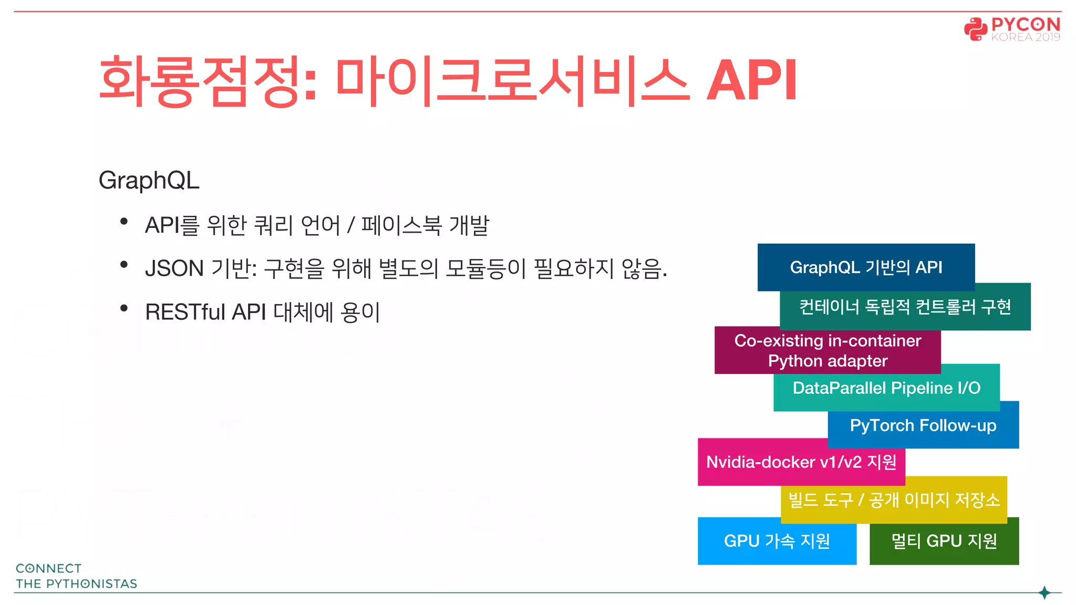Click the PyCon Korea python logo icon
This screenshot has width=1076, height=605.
pos(976,29)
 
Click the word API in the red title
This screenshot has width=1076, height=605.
pos(751,80)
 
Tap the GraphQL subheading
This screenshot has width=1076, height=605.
pos(149,180)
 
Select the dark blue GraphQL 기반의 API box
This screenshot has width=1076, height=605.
pos(866,267)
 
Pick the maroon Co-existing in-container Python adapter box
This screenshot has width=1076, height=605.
pos(827,350)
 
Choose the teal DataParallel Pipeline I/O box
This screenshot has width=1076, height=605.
pos(886,388)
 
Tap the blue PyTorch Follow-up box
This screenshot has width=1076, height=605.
pos(923,425)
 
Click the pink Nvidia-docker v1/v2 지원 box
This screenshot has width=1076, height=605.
pos(801,462)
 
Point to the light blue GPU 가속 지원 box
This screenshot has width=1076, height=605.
pos(777,541)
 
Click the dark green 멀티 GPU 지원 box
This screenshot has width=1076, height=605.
pos(944,541)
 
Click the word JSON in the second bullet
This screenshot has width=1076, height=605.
pos(174,269)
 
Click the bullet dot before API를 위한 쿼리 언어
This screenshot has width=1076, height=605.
pos(124,222)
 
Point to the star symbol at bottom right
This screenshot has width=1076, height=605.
pos(1044,593)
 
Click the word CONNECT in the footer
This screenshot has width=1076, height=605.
pos(48,569)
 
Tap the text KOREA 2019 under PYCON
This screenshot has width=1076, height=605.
pos(1026,37)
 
